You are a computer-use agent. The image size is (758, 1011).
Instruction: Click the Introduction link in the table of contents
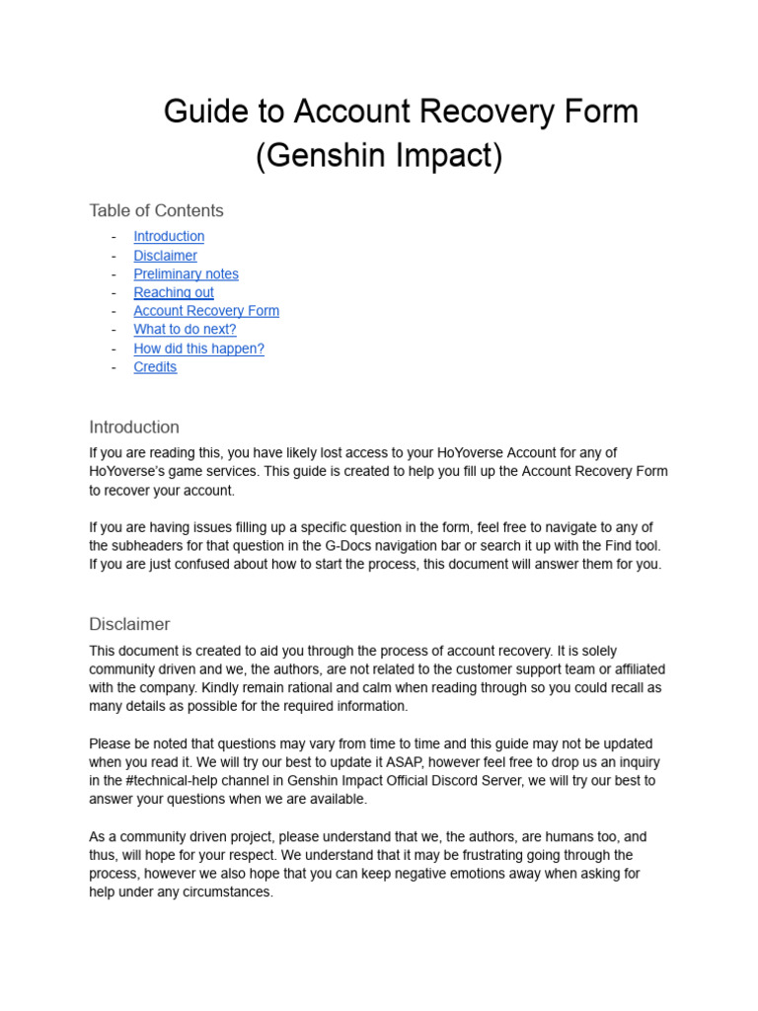(169, 237)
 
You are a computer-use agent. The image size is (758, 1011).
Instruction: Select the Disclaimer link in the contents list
(165, 256)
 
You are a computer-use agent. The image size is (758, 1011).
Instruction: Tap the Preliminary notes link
(186, 274)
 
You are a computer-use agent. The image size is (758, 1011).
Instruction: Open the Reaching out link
(174, 292)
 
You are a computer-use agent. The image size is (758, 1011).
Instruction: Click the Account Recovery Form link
(206, 311)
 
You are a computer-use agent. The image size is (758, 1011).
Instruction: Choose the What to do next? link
(185, 330)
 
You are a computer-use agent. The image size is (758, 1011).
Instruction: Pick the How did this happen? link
(198, 349)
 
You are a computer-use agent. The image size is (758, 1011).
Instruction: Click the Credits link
(155, 367)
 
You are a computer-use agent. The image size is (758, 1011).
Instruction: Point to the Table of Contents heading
(156, 210)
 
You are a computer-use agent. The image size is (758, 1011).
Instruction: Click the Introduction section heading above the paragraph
(134, 428)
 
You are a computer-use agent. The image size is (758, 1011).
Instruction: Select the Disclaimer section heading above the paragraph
(129, 624)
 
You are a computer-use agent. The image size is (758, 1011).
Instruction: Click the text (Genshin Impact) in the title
(379, 156)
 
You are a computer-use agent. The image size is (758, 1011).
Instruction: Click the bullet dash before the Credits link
(114, 367)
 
